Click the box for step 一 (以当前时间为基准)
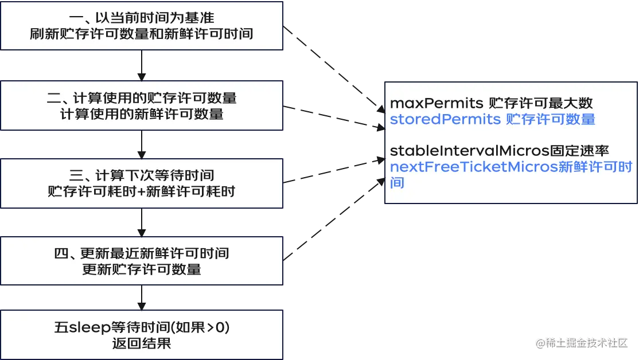[142, 26]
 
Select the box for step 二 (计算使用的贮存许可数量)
[142, 105]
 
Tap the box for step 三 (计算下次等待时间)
[142, 183]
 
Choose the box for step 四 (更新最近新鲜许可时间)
[142, 261]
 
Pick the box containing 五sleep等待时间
[142, 335]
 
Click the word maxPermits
[437, 104]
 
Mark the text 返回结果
[142, 344]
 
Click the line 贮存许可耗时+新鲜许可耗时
[142, 191]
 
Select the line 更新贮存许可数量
[142, 269]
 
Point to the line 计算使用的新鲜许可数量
[142, 114]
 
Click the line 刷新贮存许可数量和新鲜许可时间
[142, 34]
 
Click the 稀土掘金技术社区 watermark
[583, 343]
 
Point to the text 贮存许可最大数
[540, 104]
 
